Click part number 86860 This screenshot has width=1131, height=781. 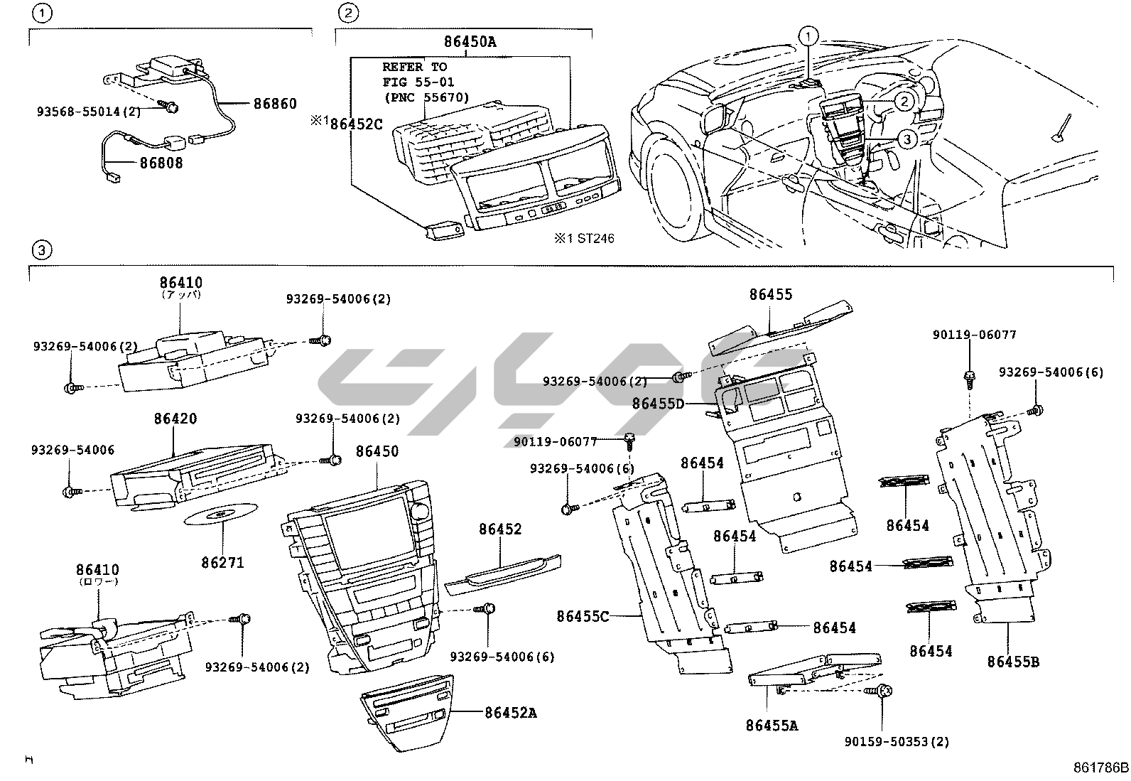pyautogui.click(x=275, y=104)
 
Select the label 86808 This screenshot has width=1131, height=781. pyautogui.click(x=161, y=163)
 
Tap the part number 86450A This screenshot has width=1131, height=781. pyautogui.click(x=470, y=42)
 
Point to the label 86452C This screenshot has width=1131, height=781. pyautogui.click(x=357, y=124)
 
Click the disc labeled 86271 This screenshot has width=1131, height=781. pyautogui.click(x=222, y=515)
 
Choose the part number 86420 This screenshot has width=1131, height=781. pyautogui.click(x=175, y=419)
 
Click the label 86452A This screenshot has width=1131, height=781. pyautogui.click(x=511, y=712)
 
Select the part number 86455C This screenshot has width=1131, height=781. pyautogui.click(x=583, y=616)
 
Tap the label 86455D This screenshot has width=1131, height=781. pyautogui.click(x=658, y=404)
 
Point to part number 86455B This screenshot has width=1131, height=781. pyautogui.click(x=1012, y=662)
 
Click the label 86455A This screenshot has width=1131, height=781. pyautogui.click(x=772, y=726)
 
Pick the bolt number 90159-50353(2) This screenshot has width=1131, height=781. pyautogui.click(x=897, y=742)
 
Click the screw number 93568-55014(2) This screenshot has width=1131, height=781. pyautogui.click(x=89, y=112)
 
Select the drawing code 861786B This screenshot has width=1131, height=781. pyautogui.click(x=1100, y=768)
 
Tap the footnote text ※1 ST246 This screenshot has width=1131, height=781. pyautogui.click(x=584, y=239)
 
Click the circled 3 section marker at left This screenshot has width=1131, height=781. pyautogui.click(x=42, y=250)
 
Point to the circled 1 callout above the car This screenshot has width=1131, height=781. pyautogui.click(x=808, y=34)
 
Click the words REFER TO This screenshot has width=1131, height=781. pyautogui.click(x=414, y=67)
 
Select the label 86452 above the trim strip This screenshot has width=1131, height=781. pyautogui.click(x=500, y=529)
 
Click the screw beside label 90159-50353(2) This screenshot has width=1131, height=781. pyautogui.click(x=884, y=691)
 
